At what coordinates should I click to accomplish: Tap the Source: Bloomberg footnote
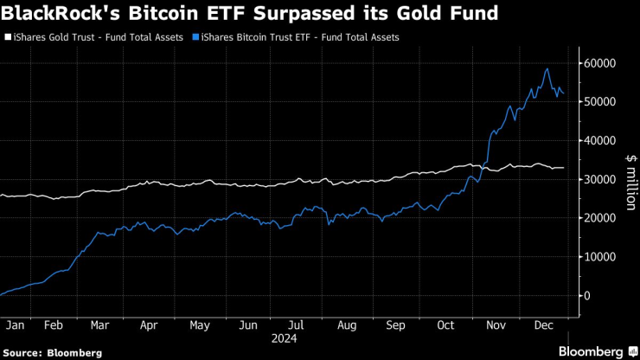(52, 352)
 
